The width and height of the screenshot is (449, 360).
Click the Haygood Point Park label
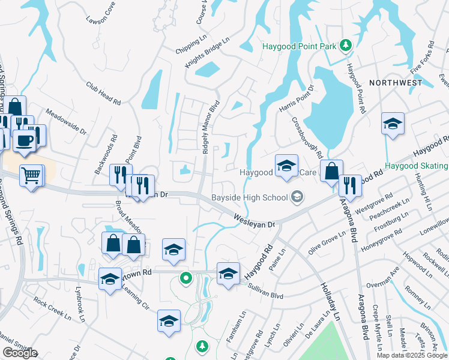click(x=300, y=46)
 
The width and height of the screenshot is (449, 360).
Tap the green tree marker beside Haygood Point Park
click(x=346, y=45)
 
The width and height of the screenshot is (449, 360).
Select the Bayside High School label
click(x=249, y=197)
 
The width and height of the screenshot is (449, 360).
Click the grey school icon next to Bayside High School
click(x=297, y=197)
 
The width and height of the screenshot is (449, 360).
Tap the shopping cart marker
click(x=31, y=175)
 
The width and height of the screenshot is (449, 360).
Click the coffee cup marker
click(x=25, y=140)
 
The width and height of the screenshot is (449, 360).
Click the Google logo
click(x=19, y=353)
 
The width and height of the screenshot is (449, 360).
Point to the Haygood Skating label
click(x=415, y=166)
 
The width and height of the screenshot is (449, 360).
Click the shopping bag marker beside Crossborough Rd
click(x=331, y=171)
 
